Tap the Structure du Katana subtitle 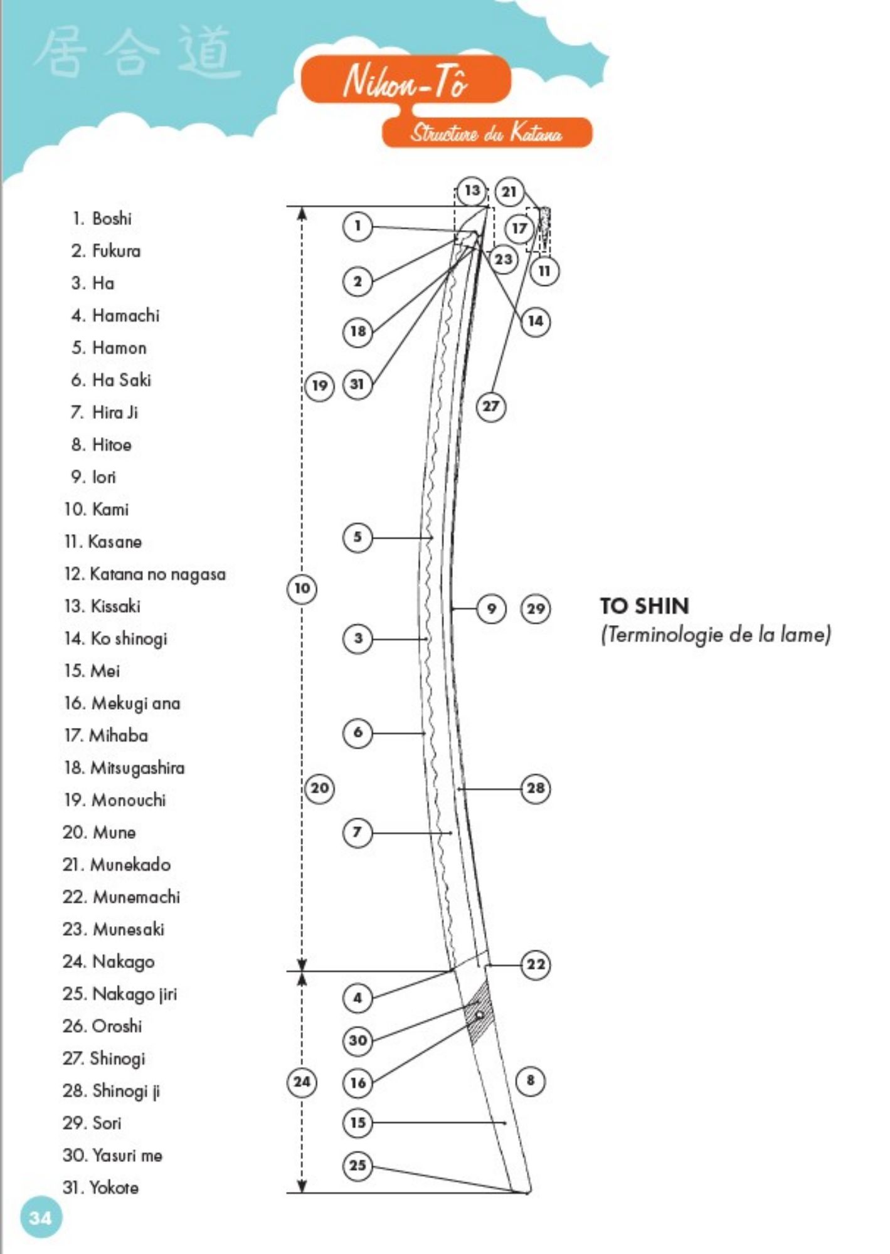coord(487,132)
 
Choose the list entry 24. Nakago coord(109,961)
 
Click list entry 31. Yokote coord(100,1188)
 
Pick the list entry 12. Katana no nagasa coord(144,574)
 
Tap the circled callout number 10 coord(302,588)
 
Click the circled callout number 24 coord(302,1082)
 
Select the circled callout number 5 coord(358,537)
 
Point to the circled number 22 coord(536,964)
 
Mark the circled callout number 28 coord(536,788)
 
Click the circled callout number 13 coord(472,191)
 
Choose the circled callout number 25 coord(358,1165)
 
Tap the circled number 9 coord(492,608)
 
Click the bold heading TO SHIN coord(644,606)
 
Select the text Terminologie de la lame coord(716,635)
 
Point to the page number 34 coord(41,1218)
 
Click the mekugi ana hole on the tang coord(480,1014)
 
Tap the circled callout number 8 coord(531,1080)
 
